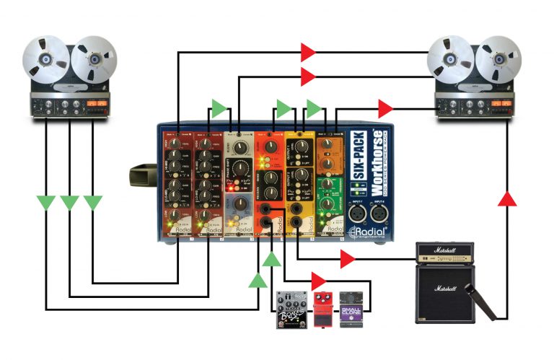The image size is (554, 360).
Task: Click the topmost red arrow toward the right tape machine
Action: tap(308, 51)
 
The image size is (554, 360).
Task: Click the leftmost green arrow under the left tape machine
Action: tap(46, 202)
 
